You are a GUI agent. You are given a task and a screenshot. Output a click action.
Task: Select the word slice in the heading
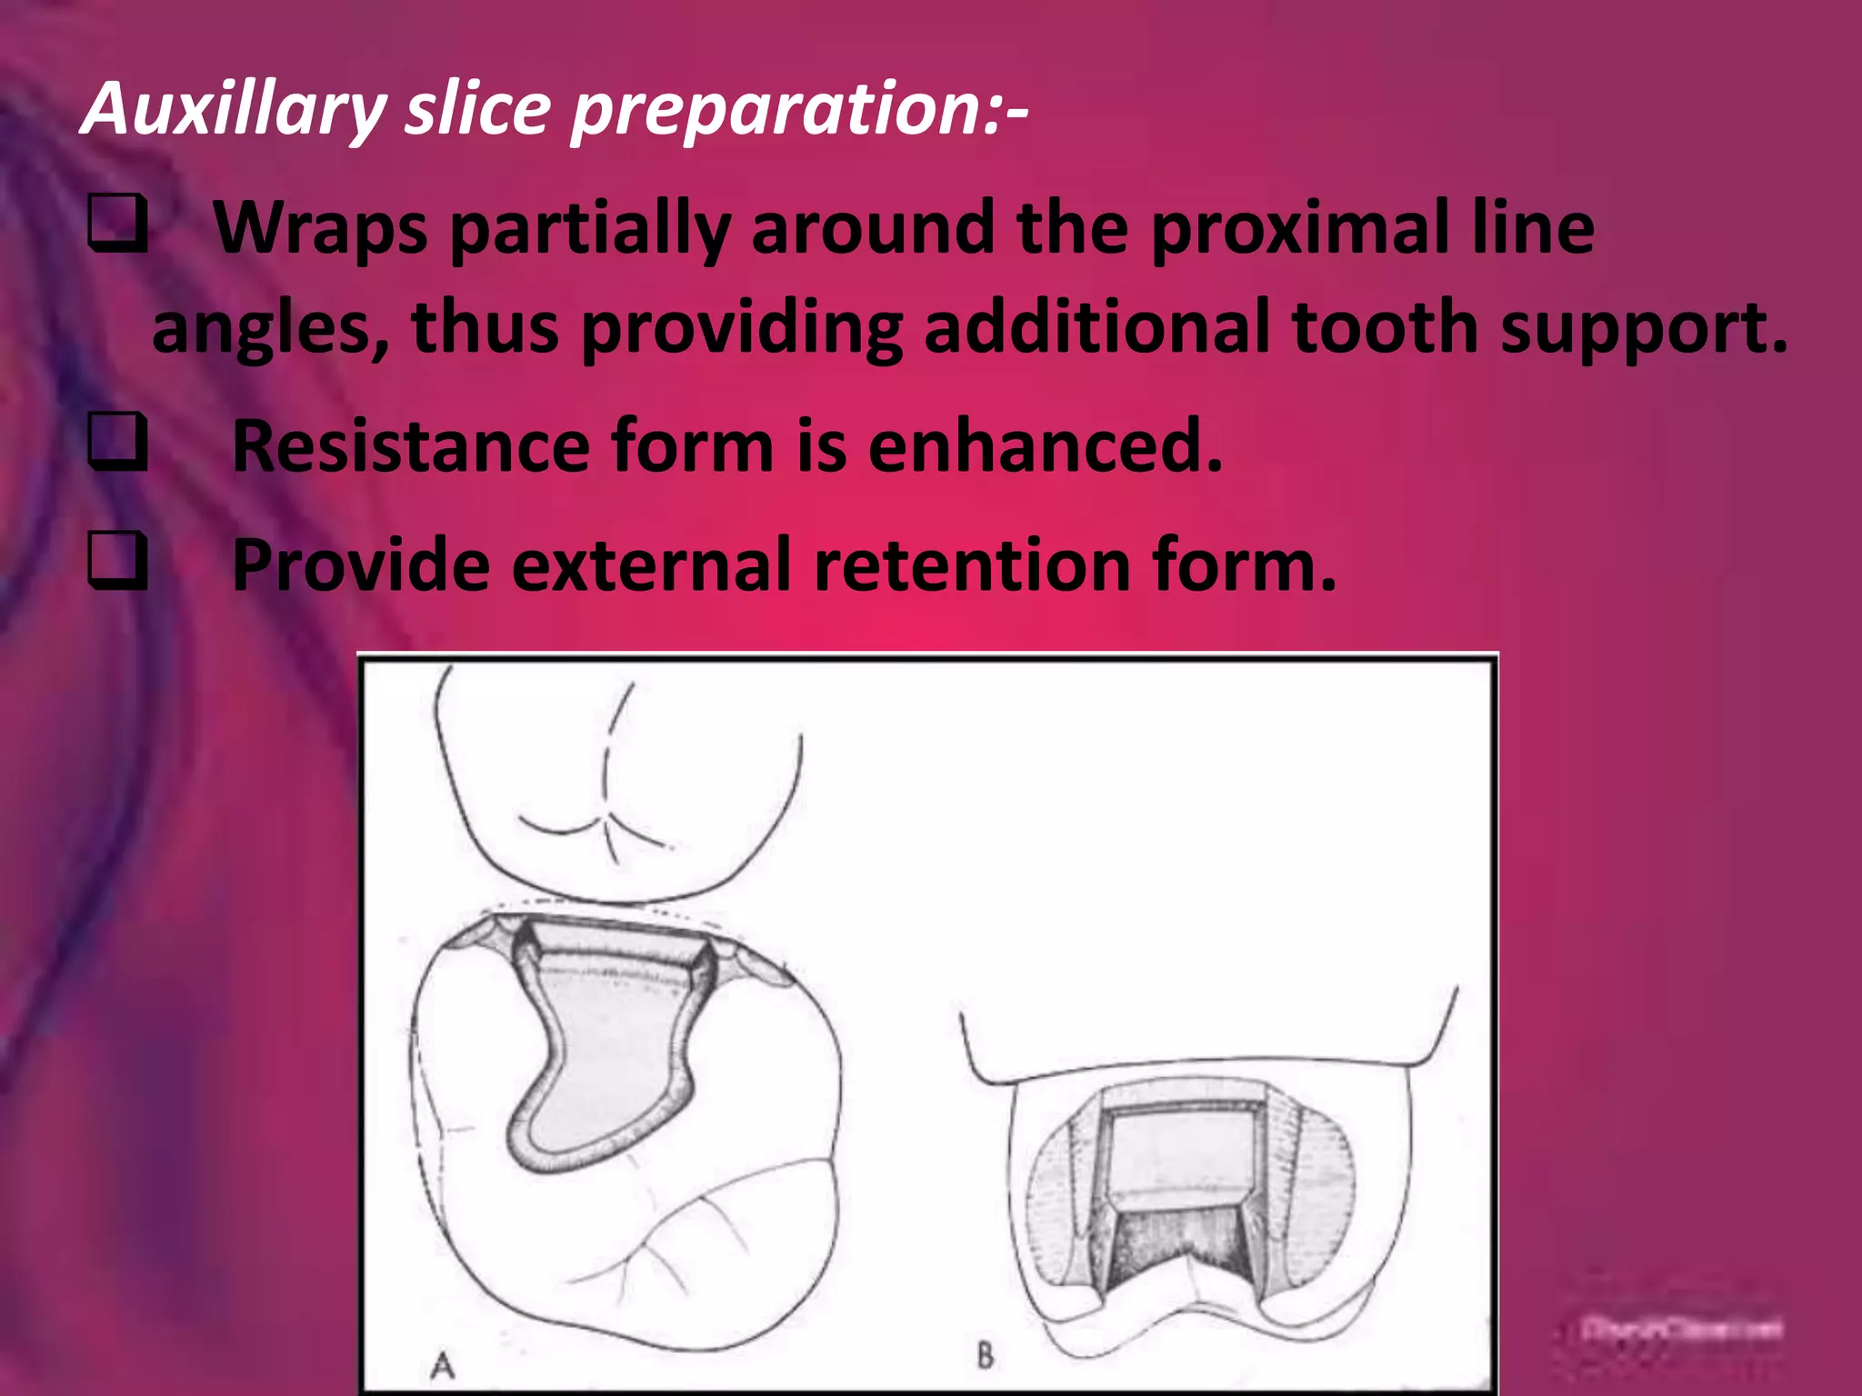[478, 109]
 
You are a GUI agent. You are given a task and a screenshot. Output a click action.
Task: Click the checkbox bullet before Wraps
[116, 226]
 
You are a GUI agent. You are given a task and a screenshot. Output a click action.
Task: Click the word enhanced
[1045, 445]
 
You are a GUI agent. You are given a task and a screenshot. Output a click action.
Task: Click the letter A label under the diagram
[443, 1363]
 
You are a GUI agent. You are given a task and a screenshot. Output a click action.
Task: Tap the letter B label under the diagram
[986, 1356]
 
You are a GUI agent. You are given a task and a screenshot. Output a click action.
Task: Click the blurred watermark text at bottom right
[1682, 1330]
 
